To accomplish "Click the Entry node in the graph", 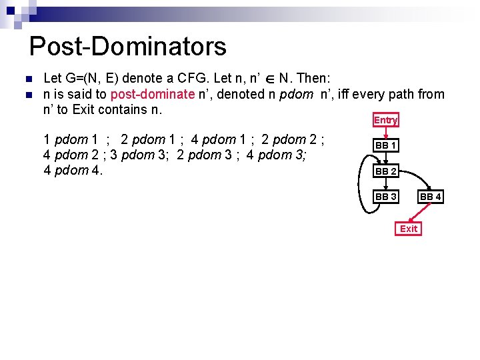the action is [x=386, y=120].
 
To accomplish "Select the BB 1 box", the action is [x=386, y=145].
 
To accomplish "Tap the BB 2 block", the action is [x=386, y=171].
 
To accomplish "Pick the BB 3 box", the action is [x=386, y=197].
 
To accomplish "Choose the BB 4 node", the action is [x=431, y=197].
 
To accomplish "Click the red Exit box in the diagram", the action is [x=409, y=229].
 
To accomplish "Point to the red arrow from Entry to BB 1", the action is [x=386, y=133].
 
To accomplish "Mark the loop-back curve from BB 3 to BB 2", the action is [x=362, y=187].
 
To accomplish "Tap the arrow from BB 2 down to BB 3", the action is [x=386, y=184].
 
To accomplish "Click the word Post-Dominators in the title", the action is [x=128, y=47].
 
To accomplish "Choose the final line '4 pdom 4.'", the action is [x=72, y=170].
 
